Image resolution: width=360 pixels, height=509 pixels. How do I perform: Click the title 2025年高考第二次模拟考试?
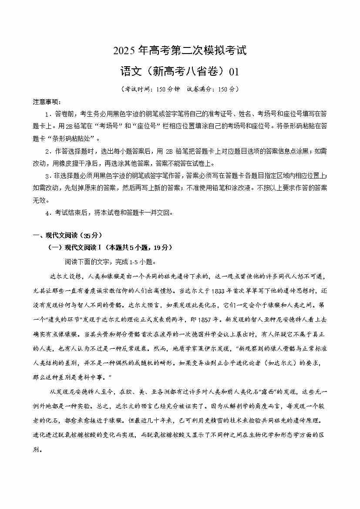180,51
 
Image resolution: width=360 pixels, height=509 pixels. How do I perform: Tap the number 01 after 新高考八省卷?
234,71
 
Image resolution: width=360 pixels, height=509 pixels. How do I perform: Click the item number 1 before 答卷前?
47,114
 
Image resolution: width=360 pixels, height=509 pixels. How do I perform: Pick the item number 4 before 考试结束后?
47,213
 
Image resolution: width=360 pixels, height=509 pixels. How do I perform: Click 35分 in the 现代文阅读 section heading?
92,235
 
